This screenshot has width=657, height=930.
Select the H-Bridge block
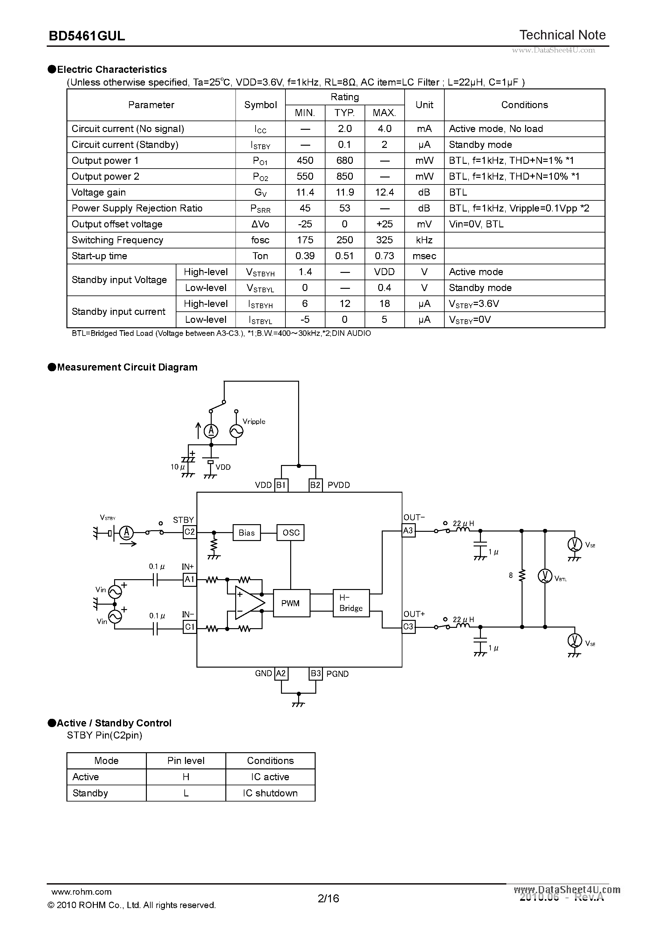click(351, 603)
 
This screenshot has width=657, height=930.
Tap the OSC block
click(291, 533)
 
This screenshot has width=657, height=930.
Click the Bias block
click(247, 533)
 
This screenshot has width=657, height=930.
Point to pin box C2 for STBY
click(189, 532)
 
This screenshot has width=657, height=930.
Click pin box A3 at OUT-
click(408, 530)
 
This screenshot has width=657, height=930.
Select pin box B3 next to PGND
click(315, 674)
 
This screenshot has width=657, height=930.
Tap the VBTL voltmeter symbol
click(545, 576)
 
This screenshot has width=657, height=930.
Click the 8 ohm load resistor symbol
click(522, 575)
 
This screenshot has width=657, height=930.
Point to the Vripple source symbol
click(236, 431)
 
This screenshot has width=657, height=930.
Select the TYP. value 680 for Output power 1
click(345, 160)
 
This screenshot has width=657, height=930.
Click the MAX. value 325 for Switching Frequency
click(384, 240)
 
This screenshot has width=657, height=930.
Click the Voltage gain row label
click(99, 192)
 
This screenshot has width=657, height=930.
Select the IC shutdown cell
click(270, 793)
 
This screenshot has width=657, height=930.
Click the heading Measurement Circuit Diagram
click(127, 367)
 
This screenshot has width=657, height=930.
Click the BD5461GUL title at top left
click(87, 36)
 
